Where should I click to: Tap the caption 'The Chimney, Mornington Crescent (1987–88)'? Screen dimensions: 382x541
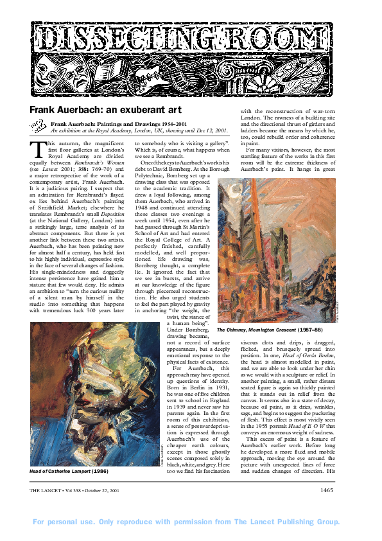pos(274,330)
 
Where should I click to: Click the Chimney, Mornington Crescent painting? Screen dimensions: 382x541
pos(277,251)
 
